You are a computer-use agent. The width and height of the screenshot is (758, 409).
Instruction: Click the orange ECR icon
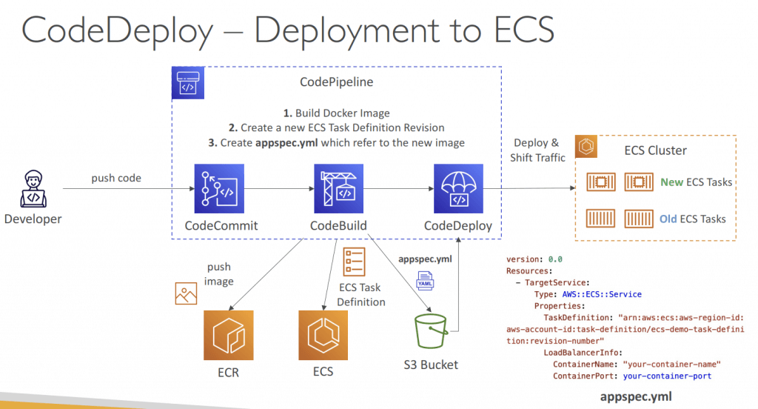(229, 335)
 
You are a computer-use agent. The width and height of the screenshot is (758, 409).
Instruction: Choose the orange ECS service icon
(323, 335)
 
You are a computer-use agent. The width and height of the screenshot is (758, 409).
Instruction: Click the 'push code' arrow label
(117, 179)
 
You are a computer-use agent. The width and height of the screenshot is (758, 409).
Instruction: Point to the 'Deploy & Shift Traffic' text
(537, 150)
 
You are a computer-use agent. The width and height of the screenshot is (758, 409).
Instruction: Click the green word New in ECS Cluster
(671, 182)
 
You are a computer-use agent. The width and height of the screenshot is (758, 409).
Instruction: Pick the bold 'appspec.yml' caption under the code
(636, 396)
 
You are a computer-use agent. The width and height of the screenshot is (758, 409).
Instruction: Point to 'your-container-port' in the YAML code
(667, 376)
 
